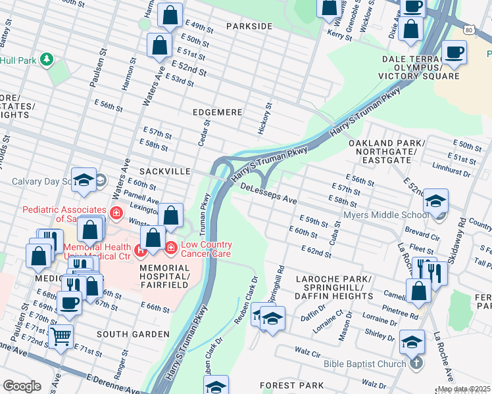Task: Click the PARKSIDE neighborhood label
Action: point(249,26)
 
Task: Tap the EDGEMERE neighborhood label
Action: point(217,112)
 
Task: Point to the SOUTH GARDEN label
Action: point(132,334)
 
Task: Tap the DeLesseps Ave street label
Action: point(269,189)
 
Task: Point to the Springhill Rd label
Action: point(280,278)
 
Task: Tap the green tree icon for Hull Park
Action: point(47,60)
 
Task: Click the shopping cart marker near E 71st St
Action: point(61,336)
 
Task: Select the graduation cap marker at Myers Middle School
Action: point(435,201)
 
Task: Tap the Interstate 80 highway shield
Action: point(468,30)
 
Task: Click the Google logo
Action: point(22,386)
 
